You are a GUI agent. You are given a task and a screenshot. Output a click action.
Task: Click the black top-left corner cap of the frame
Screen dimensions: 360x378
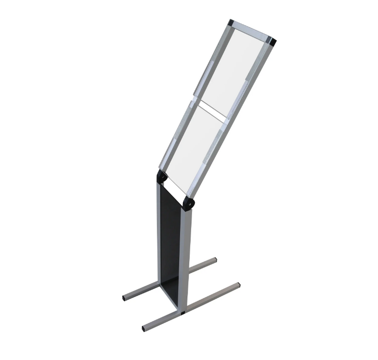click(x=231, y=22)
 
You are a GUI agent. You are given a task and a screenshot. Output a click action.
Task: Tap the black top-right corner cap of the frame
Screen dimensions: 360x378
click(x=273, y=42)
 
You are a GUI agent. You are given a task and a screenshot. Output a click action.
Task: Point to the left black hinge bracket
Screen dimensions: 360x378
click(x=162, y=177)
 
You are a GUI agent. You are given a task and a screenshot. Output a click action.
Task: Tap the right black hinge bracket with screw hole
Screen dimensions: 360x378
click(x=189, y=204)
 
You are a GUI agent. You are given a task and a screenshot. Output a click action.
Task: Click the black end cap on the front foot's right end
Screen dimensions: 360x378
click(x=238, y=285)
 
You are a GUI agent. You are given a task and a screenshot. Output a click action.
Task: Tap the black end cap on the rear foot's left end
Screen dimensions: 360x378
click(x=125, y=299)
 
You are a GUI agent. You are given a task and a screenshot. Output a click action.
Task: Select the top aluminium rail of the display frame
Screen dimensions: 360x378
click(x=251, y=32)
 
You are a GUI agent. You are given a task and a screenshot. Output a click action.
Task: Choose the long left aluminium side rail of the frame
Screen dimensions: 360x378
click(x=194, y=94)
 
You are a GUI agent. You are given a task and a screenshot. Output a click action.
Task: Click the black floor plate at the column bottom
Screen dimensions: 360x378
click(x=170, y=288)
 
